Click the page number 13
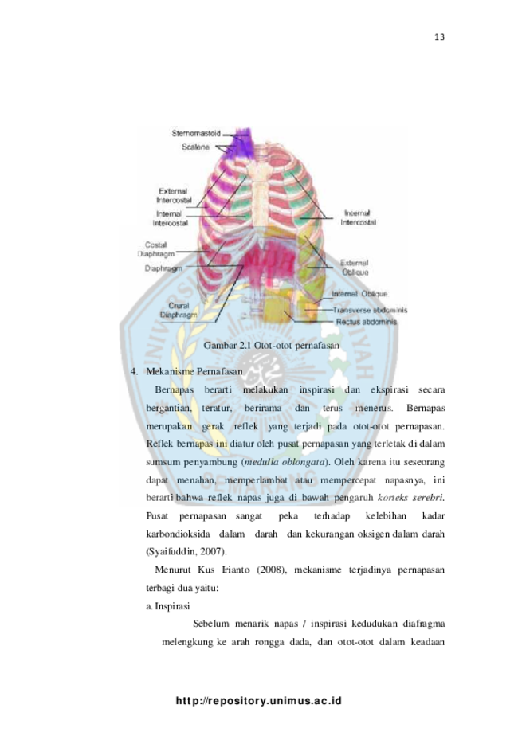[439, 37]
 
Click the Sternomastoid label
[196, 134]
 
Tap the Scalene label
[196, 147]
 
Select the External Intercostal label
[174, 196]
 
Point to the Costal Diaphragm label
[156, 249]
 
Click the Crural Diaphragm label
[179, 311]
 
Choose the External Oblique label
[355, 268]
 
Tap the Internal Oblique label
[359, 294]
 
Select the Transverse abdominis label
[370, 310]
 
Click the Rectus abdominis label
[367, 322]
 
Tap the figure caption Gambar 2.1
[271, 346]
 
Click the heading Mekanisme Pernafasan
[194, 372]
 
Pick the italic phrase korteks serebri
[410, 498]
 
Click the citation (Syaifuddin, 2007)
[186, 552]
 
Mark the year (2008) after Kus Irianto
[271, 570]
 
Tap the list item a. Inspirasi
[168, 606]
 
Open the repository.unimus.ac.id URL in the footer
[259, 701]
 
